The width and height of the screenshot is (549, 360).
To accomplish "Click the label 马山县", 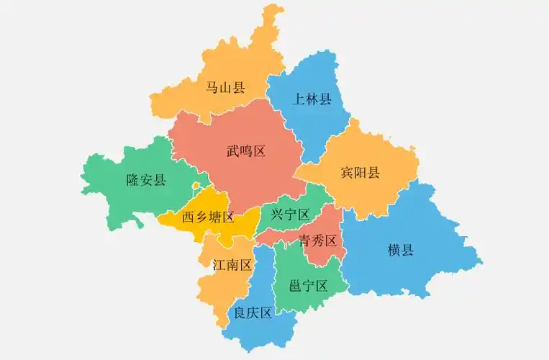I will pos(225,88).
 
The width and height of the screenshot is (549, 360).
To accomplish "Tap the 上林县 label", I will pos(312,99).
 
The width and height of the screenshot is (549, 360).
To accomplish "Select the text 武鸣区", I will pos(246,151).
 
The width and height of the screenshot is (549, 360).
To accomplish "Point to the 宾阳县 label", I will pos(360,173).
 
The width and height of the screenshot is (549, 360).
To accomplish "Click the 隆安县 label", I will pos(146,180).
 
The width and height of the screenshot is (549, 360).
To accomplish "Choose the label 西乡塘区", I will pos(208,217).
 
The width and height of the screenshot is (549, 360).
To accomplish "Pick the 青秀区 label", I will pos(318,240).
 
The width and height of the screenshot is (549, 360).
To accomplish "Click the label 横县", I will pos(400,251).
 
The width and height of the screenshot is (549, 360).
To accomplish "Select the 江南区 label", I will pos(232,265).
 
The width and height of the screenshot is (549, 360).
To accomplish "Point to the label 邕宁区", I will pos(309,286).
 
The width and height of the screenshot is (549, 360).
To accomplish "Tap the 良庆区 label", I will pos(253,313).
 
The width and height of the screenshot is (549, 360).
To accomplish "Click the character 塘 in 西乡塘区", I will pos(214,217).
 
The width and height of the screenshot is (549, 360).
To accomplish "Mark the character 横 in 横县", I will pos(394,251).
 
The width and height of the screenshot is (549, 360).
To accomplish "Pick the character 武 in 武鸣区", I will pos(233,151).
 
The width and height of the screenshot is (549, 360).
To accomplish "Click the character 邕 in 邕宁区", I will pos(296,286).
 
